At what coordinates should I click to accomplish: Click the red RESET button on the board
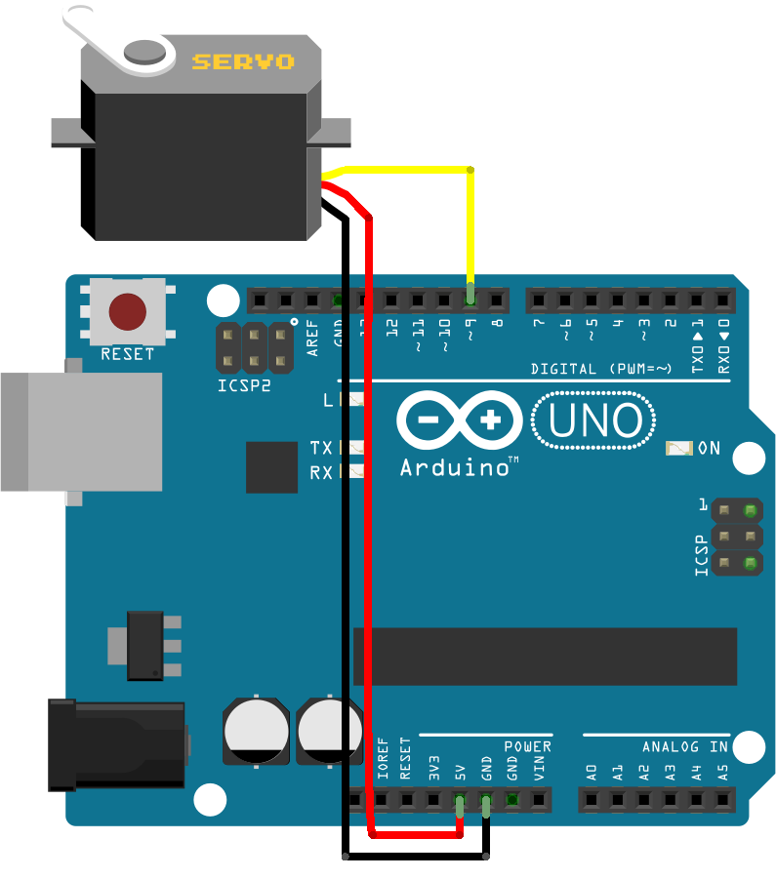(x=127, y=312)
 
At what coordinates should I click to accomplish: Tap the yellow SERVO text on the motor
(x=243, y=61)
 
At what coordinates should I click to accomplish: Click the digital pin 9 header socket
(x=470, y=298)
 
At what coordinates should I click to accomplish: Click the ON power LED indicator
(x=677, y=448)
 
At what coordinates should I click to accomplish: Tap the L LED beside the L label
(x=352, y=399)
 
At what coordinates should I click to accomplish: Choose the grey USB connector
(x=80, y=431)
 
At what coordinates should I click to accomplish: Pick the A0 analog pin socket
(x=591, y=801)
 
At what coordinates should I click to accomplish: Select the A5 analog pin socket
(x=722, y=801)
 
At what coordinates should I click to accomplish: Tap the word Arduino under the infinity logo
(x=454, y=467)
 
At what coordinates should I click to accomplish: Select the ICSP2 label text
(x=244, y=384)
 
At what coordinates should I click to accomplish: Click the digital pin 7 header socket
(x=538, y=298)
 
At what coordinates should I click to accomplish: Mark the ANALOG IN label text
(x=685, y=746)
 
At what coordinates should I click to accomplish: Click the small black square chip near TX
(x=271, y=467)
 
